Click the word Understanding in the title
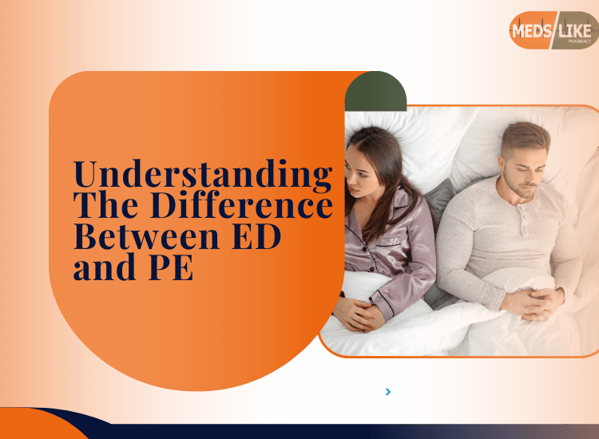tap(203, 175)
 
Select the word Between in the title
tap(146, 236)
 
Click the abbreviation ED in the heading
tap(256, 236)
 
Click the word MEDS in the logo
tap(531, 30)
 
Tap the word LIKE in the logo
tap(574, 31)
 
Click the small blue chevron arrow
tap(388, 392)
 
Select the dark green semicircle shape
tap(375, 92)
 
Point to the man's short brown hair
tap(526, 137)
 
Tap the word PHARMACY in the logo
tap(580, 42)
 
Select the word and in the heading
tap(105, 267)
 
